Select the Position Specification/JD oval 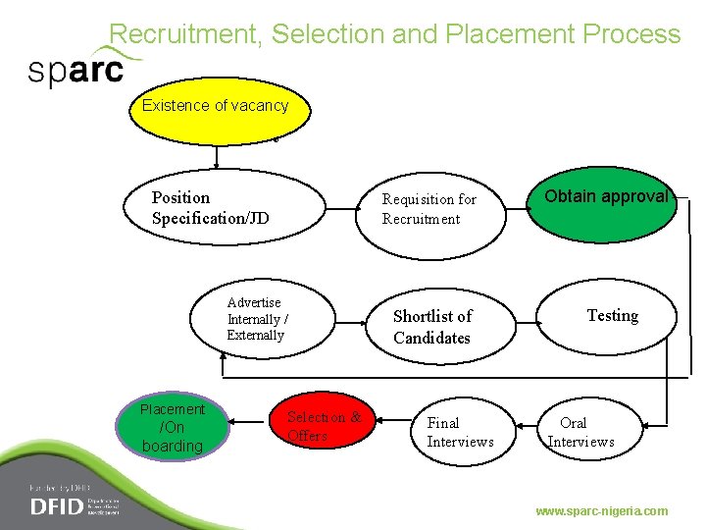[x=224, y=208]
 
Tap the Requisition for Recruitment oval [x=431, y=209]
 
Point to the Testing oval [x=608, y=317]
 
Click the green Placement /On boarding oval [x=173, y=428]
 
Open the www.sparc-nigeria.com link [x=601, y=511]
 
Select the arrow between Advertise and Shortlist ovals [x=350, y=319]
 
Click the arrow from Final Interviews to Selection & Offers [x=389, y=425]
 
